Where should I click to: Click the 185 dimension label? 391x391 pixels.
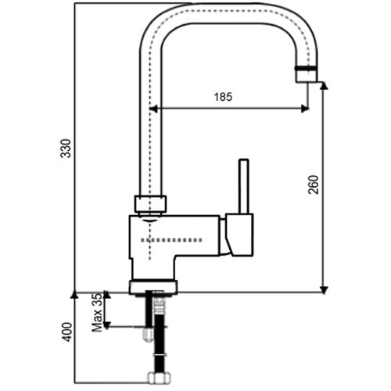tap(223, 97)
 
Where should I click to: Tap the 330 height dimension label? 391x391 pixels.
tap(66, 149)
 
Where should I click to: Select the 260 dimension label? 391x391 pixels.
tap(314, 185)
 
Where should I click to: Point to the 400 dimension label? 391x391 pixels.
tap(67, 332)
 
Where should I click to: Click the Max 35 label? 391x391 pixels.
tap(97, 313)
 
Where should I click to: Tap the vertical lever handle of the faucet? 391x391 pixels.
tap(244, 186)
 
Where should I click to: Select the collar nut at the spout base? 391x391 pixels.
tap(150, 203)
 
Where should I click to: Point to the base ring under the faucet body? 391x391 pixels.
tap(153, 286)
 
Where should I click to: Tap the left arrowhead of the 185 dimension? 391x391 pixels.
tap(154, 109)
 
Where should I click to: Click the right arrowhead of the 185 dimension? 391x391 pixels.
tap(305, 109)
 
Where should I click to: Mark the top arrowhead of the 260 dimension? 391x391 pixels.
tap(324, 85)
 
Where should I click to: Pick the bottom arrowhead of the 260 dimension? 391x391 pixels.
tap(324, 290)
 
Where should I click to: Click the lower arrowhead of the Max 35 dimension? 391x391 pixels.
tap(106, 325)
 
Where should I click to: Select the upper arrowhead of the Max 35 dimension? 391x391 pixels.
tap(106, 295)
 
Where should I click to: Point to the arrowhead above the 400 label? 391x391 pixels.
tap(74, 294)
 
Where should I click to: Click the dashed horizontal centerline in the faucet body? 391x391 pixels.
tap(171, 240)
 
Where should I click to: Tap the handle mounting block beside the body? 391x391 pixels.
tap(239, 235)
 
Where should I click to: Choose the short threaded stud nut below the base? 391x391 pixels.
tap(149, 334)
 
